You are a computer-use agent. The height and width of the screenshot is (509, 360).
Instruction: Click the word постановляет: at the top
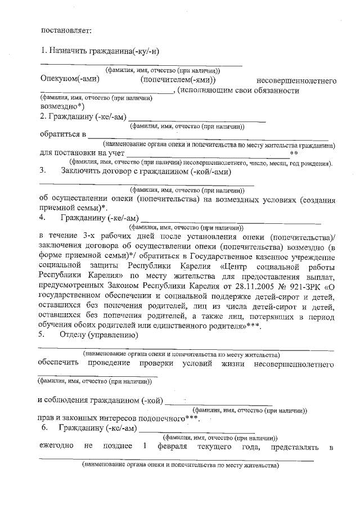(x=65, y=29)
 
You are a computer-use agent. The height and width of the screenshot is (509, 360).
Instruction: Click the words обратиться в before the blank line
(x=62, y=134)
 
